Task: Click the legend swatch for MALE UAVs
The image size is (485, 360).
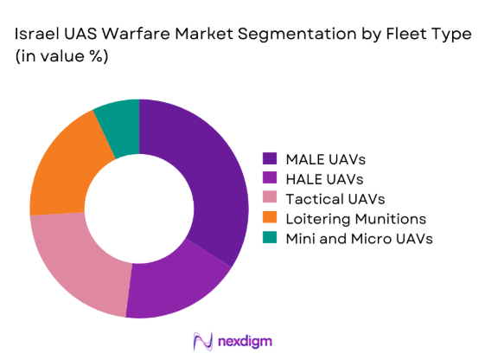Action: [x=270, y=158]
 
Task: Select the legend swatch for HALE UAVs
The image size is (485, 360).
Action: [x=270, y=178]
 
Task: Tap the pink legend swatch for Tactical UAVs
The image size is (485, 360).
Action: [x=270, y=198]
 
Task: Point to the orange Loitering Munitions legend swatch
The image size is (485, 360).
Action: [x=270, y=218]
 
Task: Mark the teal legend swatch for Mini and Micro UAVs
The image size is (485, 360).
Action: [x=270, y=238]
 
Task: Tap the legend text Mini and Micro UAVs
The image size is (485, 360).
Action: [x=358, y=238]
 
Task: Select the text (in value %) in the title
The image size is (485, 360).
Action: [x=58, y=56]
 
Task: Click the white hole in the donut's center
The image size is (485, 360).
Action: [x=139, y=209]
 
